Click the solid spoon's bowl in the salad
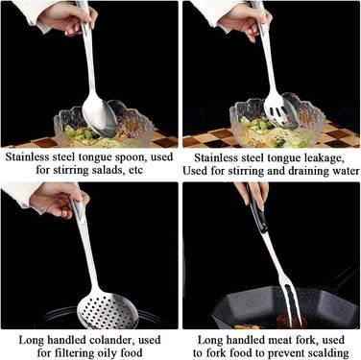99,117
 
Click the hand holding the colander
59,201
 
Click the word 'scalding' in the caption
328,353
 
